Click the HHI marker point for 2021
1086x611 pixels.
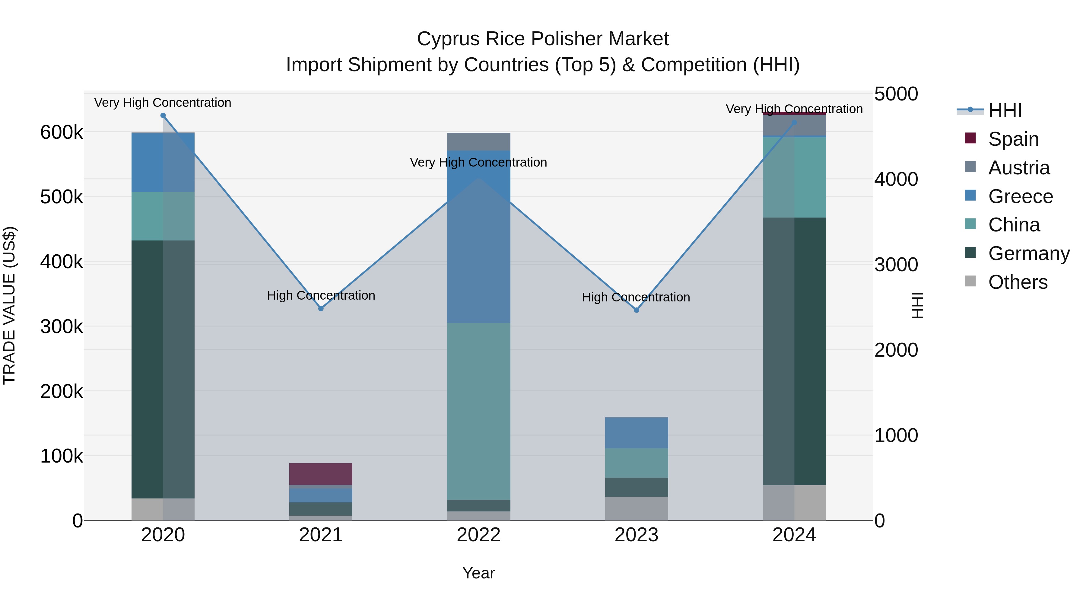pos(321,309)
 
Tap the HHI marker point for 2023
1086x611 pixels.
pos(637,310)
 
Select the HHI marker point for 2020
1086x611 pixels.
pos(163,116)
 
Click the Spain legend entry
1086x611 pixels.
pos(1013,139)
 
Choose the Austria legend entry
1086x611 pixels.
pos(1018,168)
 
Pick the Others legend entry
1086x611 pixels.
pos(1018,282)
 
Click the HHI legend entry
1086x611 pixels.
pos(1005,110)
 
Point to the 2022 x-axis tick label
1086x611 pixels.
pos(478,535)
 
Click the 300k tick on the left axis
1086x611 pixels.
pos(62,326)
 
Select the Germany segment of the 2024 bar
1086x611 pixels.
pos(794,351)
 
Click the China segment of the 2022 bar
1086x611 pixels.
pos(478,411)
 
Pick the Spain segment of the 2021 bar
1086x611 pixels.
pos(321,474)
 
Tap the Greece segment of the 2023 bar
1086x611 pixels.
pos(637,433)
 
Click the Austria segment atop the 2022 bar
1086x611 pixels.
pos(478,142)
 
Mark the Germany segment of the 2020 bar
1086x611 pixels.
pos(163,369)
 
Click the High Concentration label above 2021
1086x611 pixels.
pos(321,296)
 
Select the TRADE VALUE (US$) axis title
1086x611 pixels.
pos(10,305)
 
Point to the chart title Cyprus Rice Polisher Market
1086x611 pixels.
pos(543,39)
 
